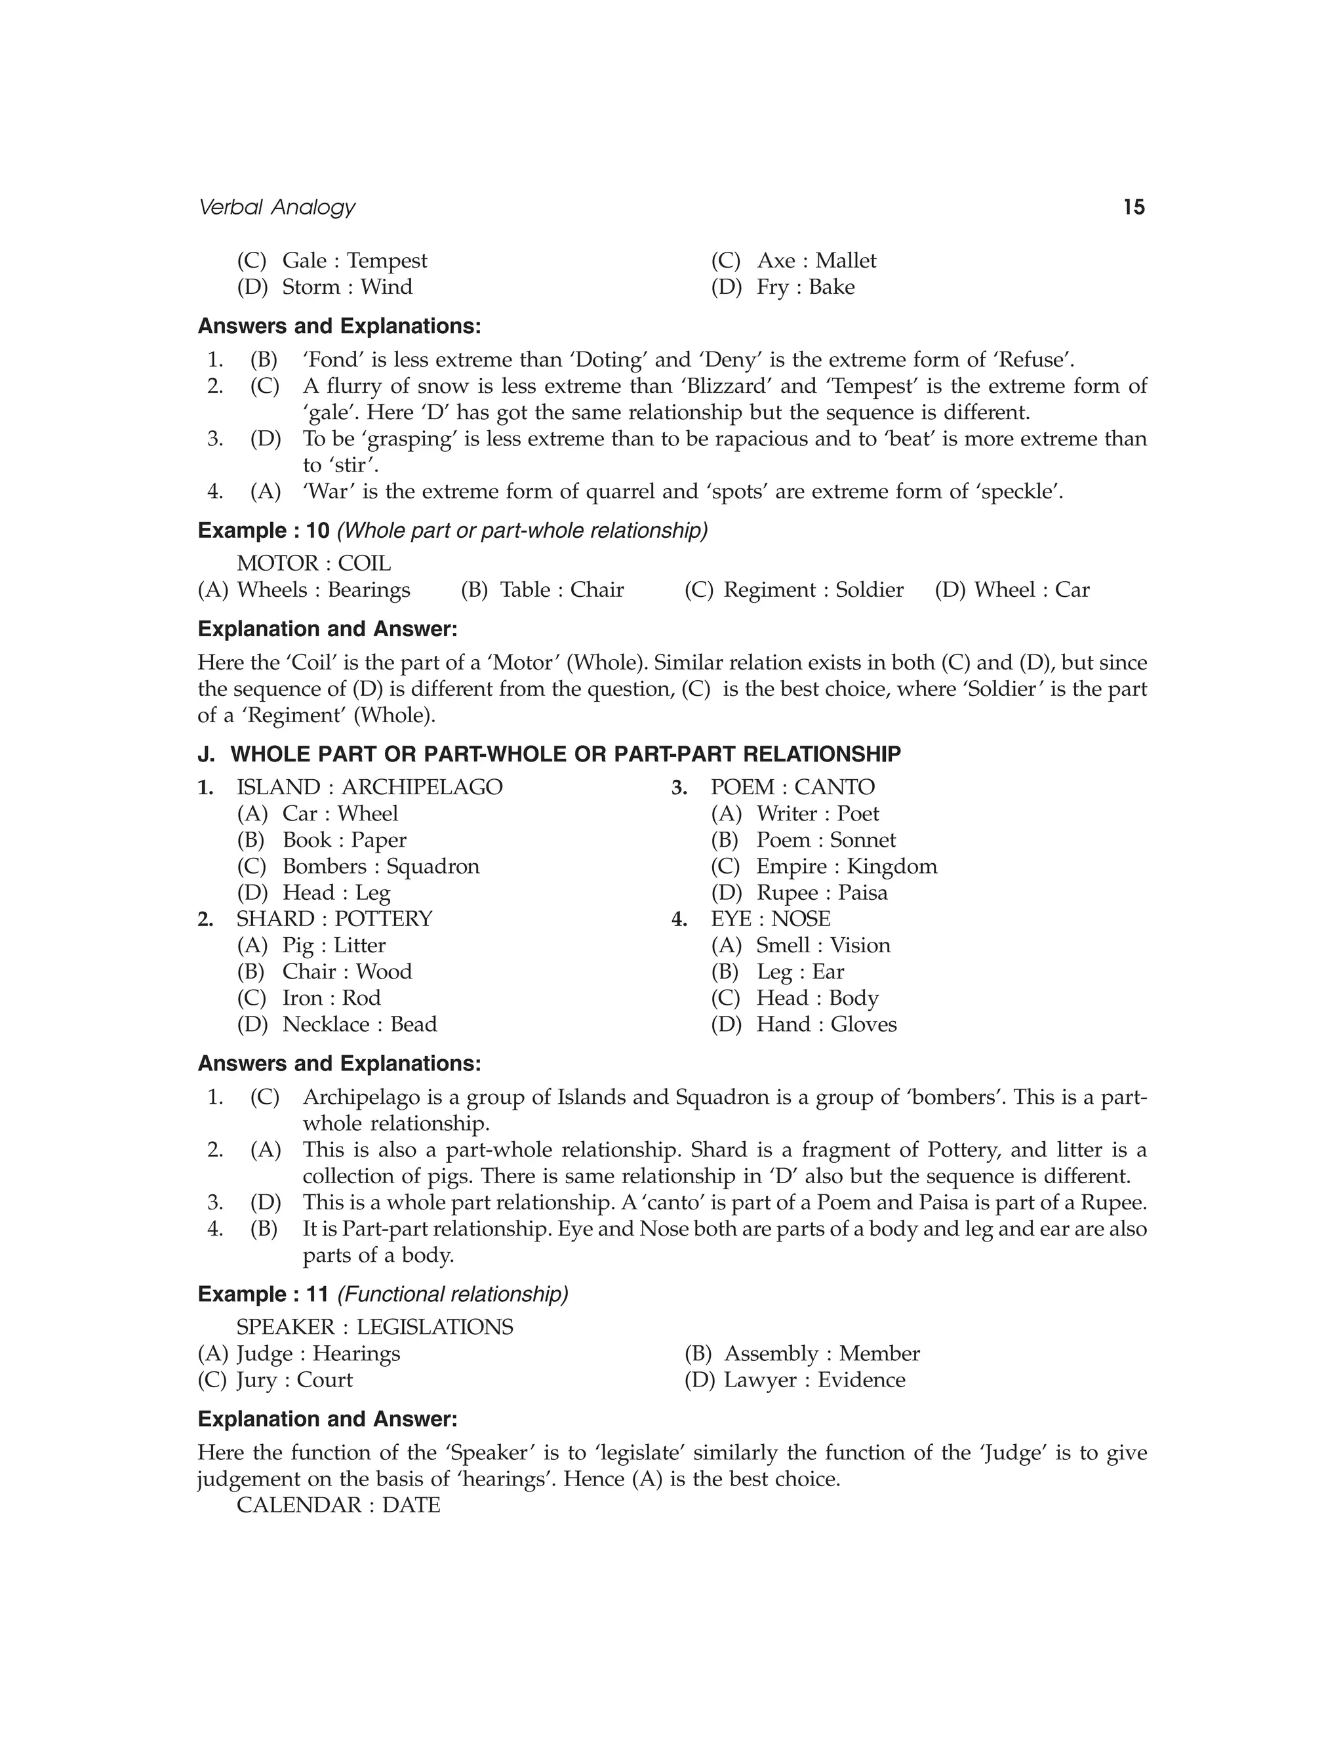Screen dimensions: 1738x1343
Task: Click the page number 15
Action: [1134, 208]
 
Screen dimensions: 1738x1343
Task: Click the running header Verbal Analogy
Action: [276, 208]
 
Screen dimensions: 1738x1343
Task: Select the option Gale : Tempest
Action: [354, 261]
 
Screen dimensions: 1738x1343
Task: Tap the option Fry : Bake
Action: [805, 287]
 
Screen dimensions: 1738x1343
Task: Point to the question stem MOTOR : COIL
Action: [313, 563]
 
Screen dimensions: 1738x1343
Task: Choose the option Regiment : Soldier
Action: [813, 590]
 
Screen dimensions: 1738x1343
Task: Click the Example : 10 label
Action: [264, 531]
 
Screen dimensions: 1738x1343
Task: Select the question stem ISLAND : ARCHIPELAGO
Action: [369, 787]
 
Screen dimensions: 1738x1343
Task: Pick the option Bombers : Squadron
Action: [380, 866]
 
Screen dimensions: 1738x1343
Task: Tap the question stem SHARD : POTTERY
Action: [334, 918]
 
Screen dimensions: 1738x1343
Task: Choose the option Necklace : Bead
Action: [359, 1024]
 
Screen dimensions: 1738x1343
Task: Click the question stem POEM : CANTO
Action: [792, 787]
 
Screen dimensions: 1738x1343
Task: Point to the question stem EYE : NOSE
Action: [770, 918]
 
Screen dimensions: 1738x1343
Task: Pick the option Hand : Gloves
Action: [826, 1024]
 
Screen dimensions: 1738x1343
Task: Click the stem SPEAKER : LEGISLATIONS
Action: [374, 1327]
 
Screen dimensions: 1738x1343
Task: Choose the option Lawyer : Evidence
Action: [814, 1379]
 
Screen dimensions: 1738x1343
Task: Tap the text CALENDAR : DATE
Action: [338, 1505]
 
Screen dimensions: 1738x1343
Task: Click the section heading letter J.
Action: [206, 754]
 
